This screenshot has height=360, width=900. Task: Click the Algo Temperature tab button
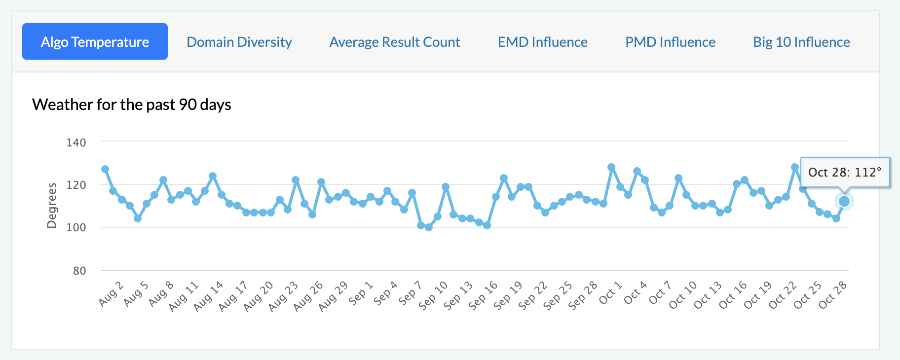coord(95,42)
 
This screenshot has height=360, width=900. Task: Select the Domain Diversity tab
coord(239,42)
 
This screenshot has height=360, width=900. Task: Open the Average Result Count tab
coord(395,42)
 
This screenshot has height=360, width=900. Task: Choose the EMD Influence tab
coord(542,42)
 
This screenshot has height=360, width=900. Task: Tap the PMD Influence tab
coord(670,42)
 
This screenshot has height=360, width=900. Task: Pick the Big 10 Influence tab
coord(801,42)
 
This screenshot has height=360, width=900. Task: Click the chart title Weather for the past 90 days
coord(132,105)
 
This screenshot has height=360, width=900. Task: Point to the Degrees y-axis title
coord(51,206)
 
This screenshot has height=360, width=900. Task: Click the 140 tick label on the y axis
coord(76,143)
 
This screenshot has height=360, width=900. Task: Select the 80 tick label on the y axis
coord(79,271)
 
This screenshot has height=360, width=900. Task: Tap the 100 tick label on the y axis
coord(76,228)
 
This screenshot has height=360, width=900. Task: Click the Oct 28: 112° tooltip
coord(845,172)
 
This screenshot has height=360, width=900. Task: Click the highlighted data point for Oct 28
coord(844,201)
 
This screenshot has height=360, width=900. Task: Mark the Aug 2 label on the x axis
coord(111,294)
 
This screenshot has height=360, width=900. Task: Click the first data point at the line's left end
coord(105,169)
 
